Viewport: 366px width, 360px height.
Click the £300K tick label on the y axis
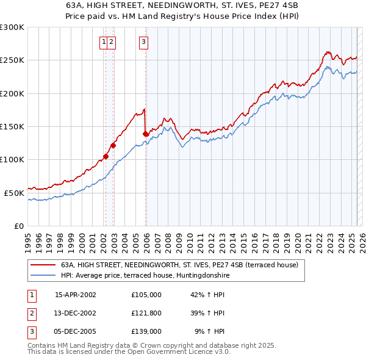tap(13, 27)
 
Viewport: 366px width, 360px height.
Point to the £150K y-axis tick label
tap(13, 126)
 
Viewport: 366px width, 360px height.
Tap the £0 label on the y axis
tap(19, 226)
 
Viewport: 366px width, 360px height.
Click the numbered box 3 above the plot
tap(143, 42)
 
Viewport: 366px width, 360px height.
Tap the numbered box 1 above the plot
tap(104, 42)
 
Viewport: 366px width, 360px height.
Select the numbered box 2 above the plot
tap(113, 42)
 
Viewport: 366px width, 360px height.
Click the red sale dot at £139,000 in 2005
tap(145, 134)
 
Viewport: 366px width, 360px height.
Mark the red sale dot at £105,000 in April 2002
tap(106, 156)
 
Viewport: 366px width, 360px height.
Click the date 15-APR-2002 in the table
tap(76, 295)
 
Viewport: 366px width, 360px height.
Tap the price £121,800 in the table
tap(146, 313)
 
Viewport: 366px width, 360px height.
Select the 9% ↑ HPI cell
tap(209, 331)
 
